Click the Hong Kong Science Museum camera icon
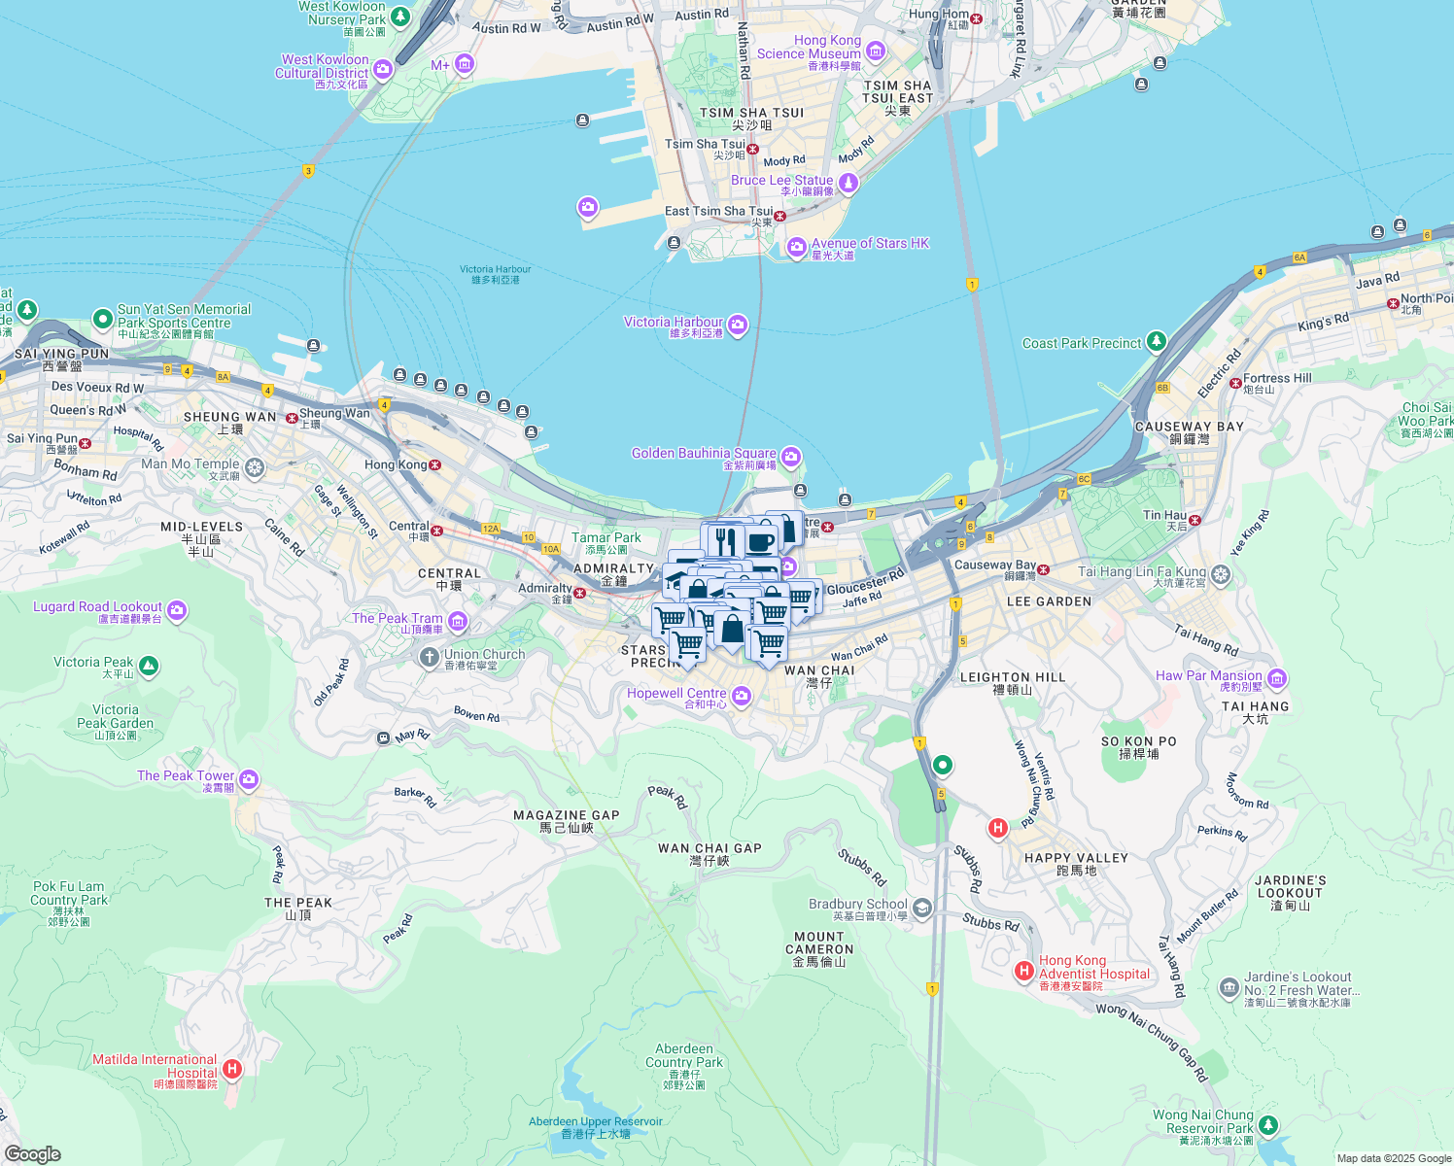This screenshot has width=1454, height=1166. click(876, 51)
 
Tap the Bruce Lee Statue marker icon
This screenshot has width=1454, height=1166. click(848, 183)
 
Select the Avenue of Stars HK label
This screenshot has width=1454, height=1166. click(870, 244)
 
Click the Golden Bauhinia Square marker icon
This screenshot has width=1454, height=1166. click(791, 457)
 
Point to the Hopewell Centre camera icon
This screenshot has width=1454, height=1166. click(742, 696)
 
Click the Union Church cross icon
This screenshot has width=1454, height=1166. click(429, 658)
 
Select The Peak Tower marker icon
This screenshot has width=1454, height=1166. click(249, 779)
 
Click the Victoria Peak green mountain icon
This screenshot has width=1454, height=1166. click(149, 666)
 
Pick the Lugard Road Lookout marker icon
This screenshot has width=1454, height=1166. click(177, 610)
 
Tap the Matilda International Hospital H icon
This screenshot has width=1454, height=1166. click(231, 1070)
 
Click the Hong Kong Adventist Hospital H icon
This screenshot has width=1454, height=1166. click(1023, 971)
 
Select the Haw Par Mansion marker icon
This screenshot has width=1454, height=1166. click(1277, 678)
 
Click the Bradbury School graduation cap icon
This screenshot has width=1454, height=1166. click(922, 909)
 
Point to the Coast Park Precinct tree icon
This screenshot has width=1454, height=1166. click(1156, 341)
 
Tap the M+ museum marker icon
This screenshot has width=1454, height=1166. click(464, 65)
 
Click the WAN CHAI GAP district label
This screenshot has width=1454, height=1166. click(710, 848)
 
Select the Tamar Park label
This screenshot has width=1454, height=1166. click(606, 537)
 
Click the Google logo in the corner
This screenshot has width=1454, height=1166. click(32, 1154)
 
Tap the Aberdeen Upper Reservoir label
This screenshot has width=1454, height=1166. click(595, 1121)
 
